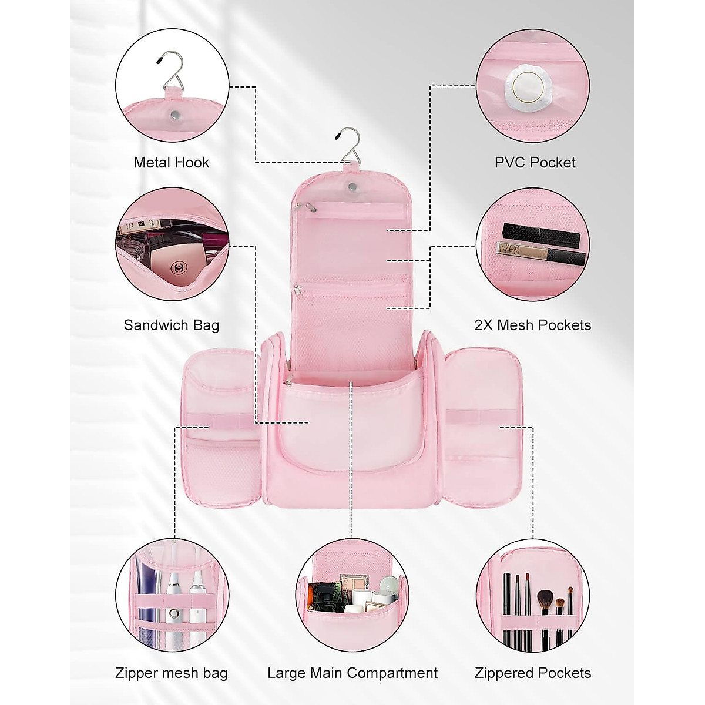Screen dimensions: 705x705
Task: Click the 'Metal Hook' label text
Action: click(171, 163)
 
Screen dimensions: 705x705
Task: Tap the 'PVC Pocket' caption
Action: click(535, 163)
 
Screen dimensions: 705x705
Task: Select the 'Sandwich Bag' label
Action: click(171, 325)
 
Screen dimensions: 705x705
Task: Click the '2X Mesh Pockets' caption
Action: click(532, 325)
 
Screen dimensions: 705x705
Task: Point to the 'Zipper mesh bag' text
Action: click(171, 673)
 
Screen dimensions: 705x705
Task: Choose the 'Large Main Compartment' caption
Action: click(352, 673)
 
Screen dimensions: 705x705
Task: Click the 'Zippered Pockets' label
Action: click(532, 673)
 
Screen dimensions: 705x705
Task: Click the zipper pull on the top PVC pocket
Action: click(300, 207)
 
